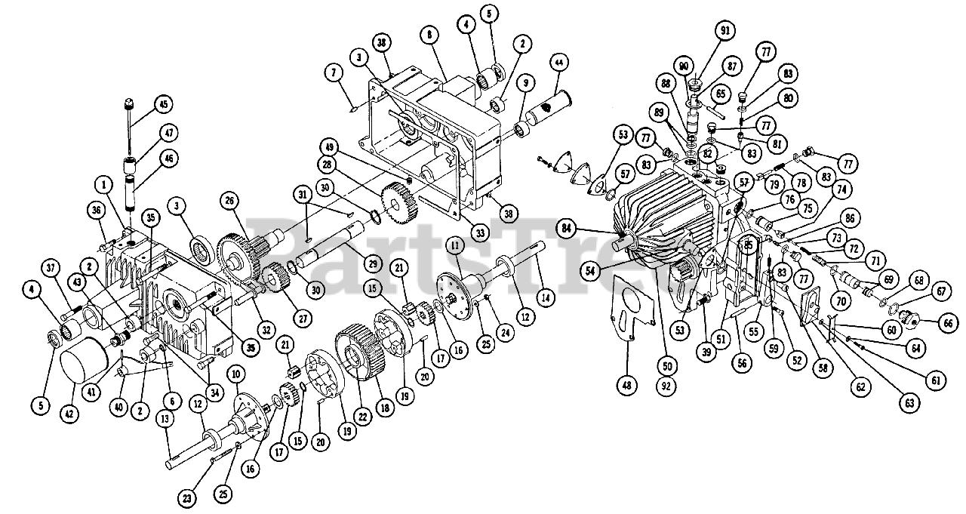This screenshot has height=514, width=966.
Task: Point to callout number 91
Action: (726, 32)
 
